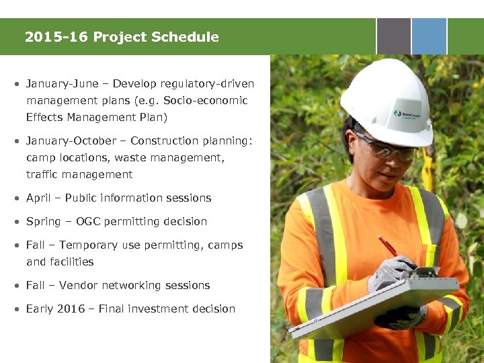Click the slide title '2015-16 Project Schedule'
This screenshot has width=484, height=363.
[122, 37]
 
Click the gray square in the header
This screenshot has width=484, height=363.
[393, 36]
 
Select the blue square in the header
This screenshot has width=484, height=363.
[429, 36]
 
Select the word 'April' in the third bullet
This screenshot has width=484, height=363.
[37, 198]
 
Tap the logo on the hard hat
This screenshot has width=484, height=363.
[407, 114]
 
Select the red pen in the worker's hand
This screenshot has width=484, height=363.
[389, 247]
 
